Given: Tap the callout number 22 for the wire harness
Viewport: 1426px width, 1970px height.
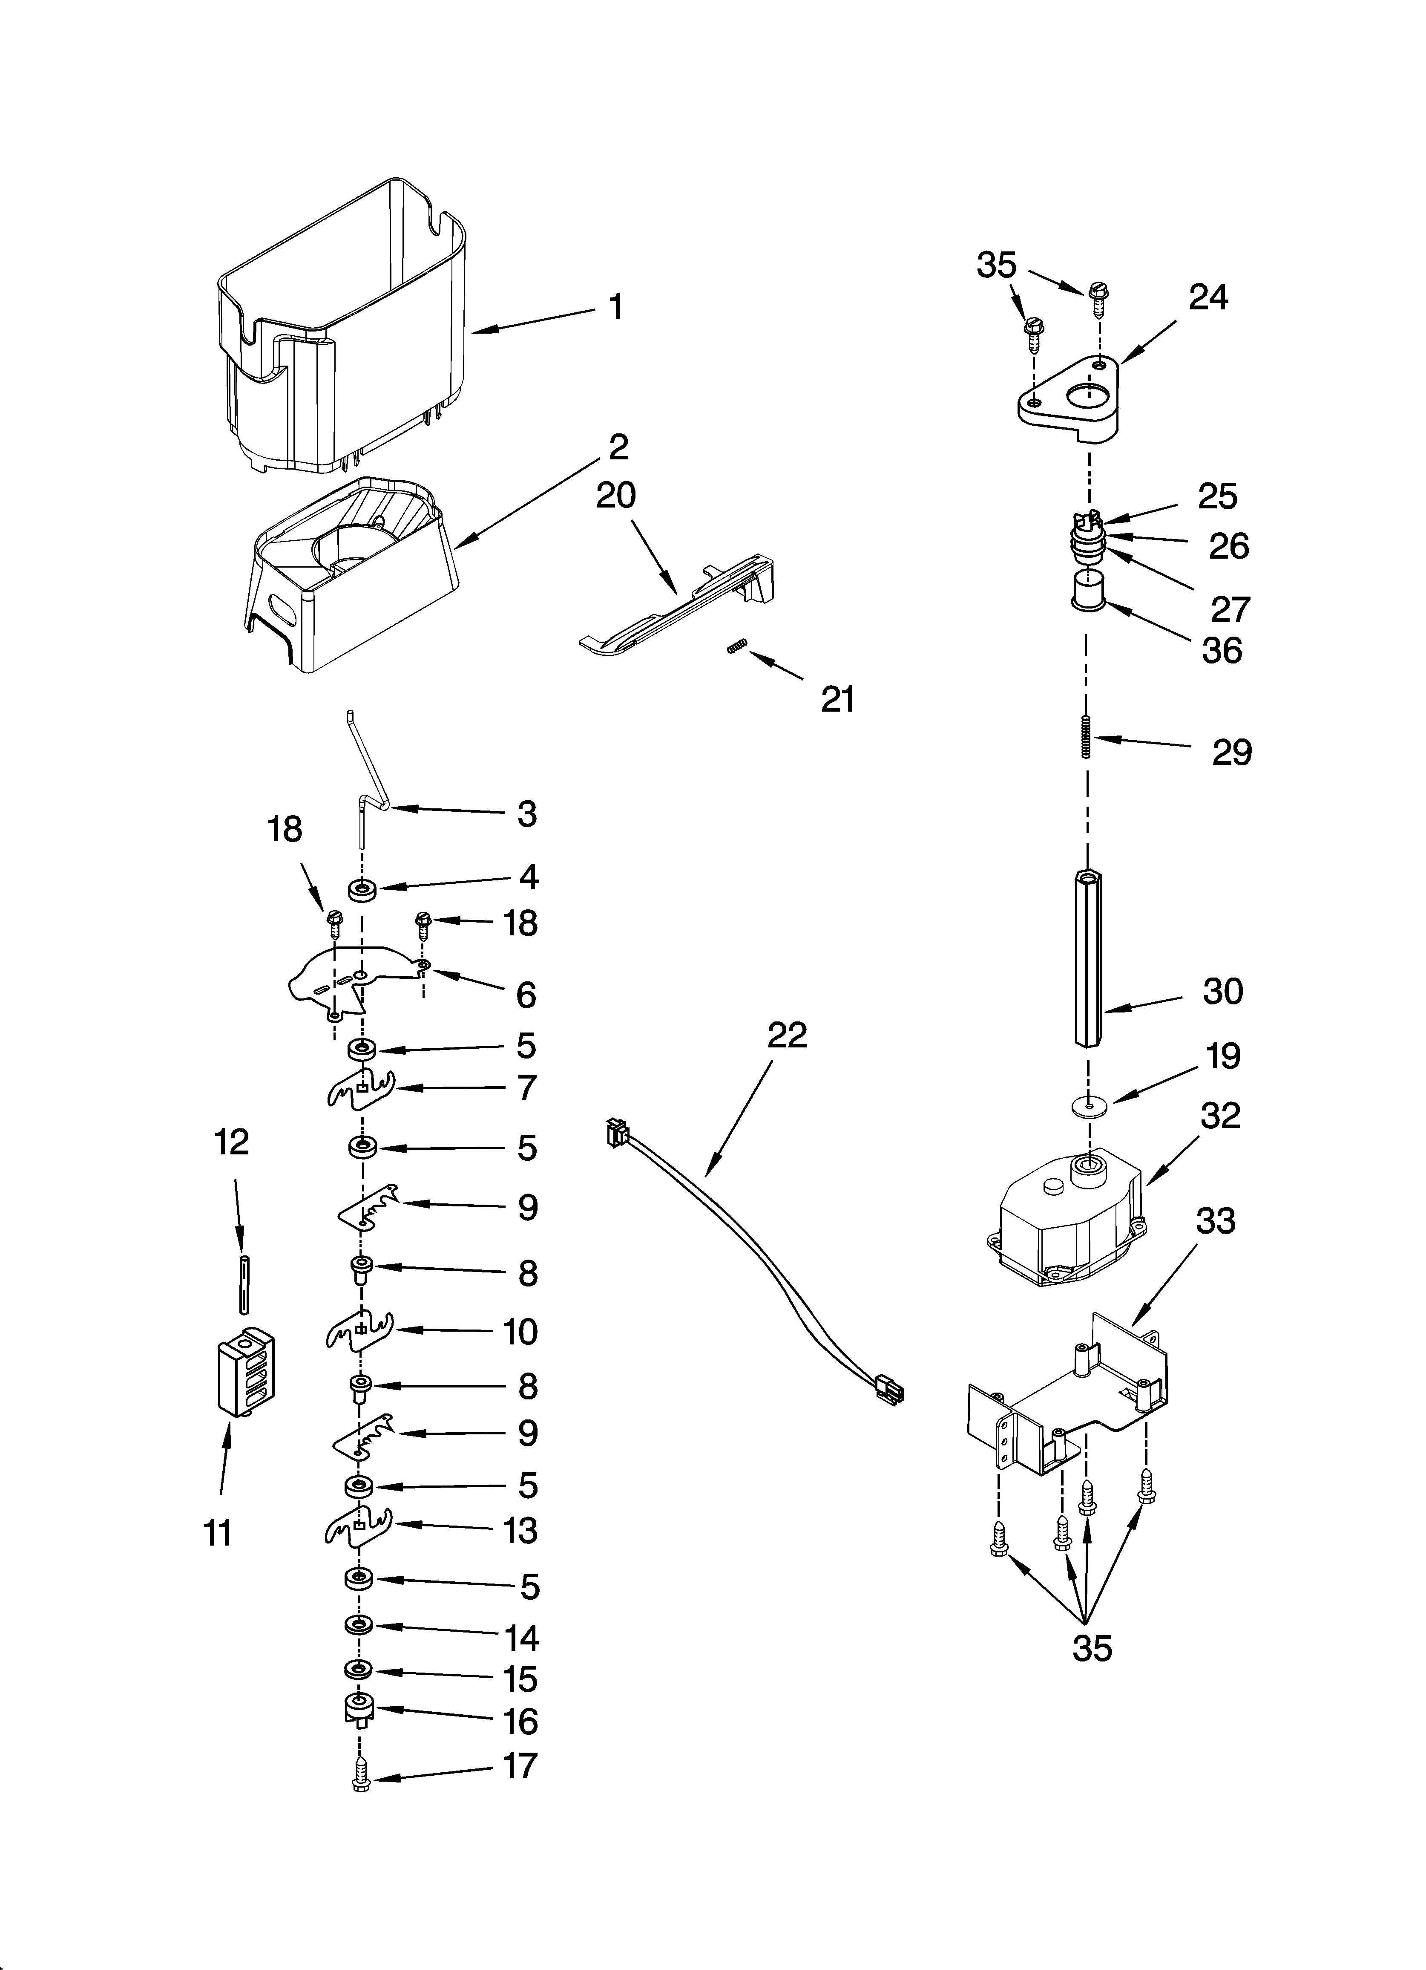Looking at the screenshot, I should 787,1035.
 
